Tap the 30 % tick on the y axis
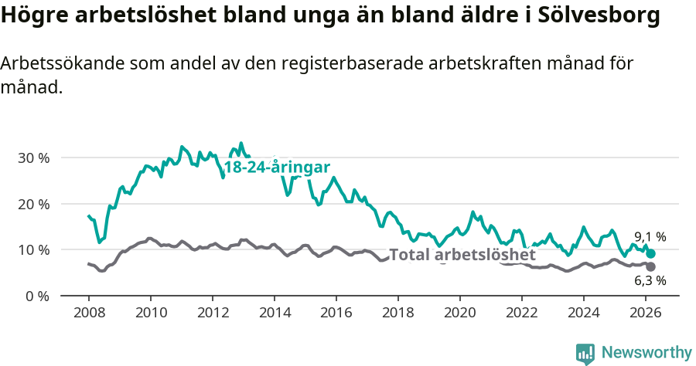coord(32,158)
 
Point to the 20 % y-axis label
coord(32,204)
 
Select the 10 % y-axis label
coord(32,250)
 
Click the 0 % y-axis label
coord(36,296)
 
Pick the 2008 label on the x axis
coord(89,313)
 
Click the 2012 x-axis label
coord(213,313)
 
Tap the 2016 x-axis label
coord(336,313)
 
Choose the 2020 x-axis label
coord(460,313)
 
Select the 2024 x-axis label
coord(584,313)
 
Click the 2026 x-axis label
coord(646,313)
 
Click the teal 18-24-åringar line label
coord(277,168)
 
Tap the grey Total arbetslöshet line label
coord(462,255)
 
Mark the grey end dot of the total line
coord(651,267)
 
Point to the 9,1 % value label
coord(650,237)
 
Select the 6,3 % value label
coord(650,281)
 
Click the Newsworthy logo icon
coord(585,353)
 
